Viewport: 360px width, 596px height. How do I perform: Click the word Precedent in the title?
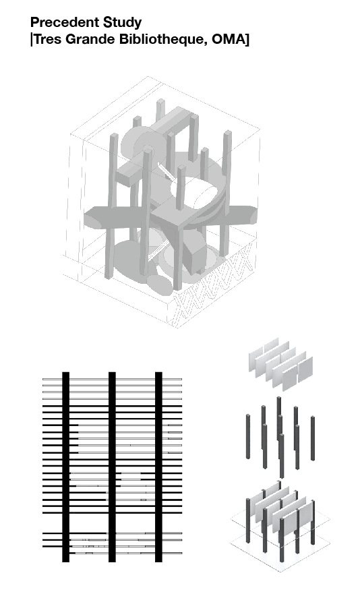coord(64,22)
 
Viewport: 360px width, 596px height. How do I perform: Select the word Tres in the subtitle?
coord(47,39)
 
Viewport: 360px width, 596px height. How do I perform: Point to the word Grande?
coord(90,39)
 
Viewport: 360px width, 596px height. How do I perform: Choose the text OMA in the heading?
coord(229,39)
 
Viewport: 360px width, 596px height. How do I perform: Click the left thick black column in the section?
coord(66,467)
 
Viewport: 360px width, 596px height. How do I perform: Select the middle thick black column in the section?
coord(112,467)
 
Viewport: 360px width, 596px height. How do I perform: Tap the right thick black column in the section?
coord(159,467)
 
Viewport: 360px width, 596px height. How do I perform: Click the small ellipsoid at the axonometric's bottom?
coord(159,285)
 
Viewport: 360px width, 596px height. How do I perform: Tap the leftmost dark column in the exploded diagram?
coord(248,436)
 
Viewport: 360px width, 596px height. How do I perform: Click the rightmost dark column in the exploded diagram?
coord(313,438)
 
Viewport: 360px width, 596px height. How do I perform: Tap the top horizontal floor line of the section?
coord(112,379)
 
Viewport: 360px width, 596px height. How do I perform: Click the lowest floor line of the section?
coord(112,553)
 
